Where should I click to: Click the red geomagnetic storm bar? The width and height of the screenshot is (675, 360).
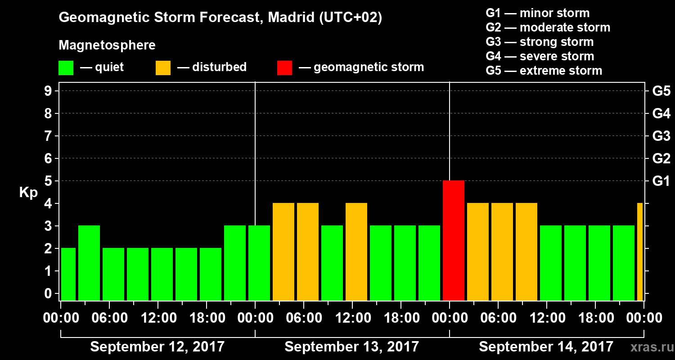tap(454, 240)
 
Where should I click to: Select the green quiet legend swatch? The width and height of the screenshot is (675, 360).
tap(66, 67)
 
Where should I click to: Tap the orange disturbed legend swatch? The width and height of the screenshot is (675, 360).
tap(163, 67)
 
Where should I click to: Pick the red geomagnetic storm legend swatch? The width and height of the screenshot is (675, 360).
tap(284, 67)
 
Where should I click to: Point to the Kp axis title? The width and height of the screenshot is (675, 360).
tap(28, 193)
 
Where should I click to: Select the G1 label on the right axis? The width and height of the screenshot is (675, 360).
tap(661, 181)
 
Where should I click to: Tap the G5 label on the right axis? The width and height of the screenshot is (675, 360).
tap(661, 91)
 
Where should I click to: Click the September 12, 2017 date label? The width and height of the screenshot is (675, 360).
tap(157, 347)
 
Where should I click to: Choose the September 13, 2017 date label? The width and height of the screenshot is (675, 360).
tap(352, 347)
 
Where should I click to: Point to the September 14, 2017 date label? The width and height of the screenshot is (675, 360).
tap(546, 347)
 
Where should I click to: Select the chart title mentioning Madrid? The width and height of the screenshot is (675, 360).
tap(220, 18)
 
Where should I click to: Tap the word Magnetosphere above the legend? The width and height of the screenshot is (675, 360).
tap(107, 45)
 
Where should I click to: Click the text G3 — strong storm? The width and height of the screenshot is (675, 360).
tap(540, 42)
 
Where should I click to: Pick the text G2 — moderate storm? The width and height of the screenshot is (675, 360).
tap(548, 27)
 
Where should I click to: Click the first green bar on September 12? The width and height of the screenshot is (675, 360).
tap(68, 274)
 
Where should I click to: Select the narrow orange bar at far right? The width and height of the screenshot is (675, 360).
tap(640, 252)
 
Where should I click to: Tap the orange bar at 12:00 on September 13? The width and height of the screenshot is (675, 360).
tap(356, 252)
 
